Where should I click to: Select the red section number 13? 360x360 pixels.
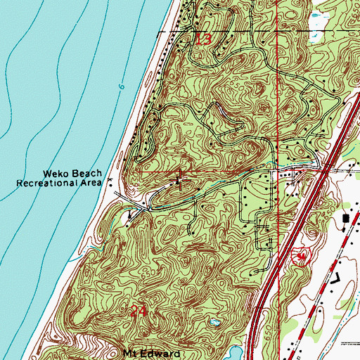(x=203, y=40)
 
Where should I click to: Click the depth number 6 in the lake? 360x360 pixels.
(x=121, y=87)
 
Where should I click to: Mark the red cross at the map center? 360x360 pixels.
(x=180, y=180)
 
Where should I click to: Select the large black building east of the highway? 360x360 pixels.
(x=346, y=219)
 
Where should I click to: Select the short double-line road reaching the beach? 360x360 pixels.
(x=120, y=200)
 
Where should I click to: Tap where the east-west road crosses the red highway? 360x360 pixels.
(x=325, y=169)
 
